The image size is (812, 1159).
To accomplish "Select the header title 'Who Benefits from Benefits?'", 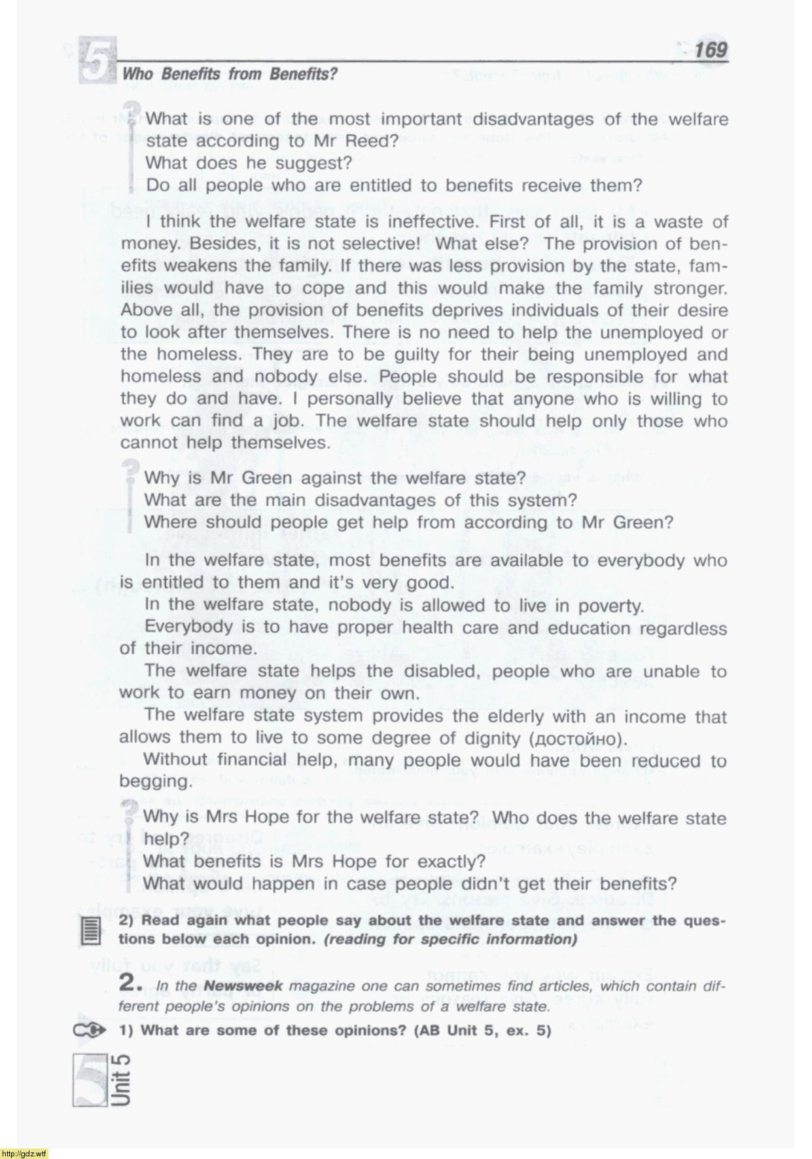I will [x=230, y=75].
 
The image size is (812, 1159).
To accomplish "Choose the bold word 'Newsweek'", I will [x=243, y=986].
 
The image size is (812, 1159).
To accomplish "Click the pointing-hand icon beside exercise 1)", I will [x=90, y=1031].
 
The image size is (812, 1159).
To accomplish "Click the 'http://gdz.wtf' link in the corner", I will [x=24, y=1153].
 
